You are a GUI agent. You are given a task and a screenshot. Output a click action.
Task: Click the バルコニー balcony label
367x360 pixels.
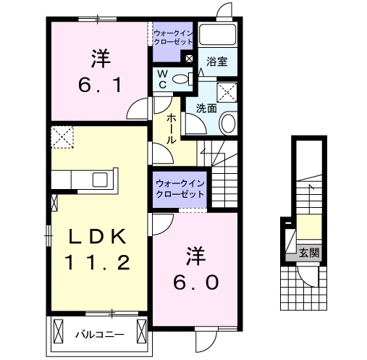[x=100, y=335]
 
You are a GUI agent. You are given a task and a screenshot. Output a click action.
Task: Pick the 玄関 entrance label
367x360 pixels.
[x=309, y=253]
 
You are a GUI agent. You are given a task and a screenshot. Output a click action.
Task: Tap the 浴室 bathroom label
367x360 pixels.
[x=216, y=62]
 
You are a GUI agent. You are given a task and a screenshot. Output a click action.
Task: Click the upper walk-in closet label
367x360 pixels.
[x=172, y=37]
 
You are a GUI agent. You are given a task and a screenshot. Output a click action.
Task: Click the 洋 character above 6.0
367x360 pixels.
[x=193, y=255]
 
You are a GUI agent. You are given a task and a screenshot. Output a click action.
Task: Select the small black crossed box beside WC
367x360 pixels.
[x=189, y=59]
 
